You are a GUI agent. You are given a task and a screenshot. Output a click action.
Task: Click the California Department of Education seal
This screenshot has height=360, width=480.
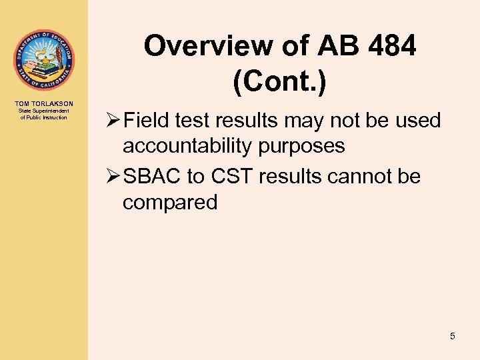pyautogui.click(x=43, y=61)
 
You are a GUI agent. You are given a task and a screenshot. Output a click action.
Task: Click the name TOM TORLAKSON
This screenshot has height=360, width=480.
pyautogui.click(x=43, y=103)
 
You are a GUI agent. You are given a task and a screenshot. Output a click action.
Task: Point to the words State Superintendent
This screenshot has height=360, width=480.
pyautogui.click(x=43, y=111)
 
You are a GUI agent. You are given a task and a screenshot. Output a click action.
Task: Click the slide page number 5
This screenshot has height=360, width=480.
pyautogui.click(x=453, y=336)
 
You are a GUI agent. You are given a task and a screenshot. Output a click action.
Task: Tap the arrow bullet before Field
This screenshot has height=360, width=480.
pyautogui.click(x=111, y=121)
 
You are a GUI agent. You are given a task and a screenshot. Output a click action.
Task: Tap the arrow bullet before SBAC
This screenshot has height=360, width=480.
pyautogui.click(x=111, y=177)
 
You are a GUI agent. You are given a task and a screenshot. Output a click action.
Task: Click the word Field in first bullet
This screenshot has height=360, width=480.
pyautogui.click(x=145, y=121)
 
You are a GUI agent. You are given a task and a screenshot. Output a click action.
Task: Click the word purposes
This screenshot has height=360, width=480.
pyautogui.click(x=305, y=146)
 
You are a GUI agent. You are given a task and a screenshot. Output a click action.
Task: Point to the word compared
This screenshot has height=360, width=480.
pyautogui.click(x=170, y=202)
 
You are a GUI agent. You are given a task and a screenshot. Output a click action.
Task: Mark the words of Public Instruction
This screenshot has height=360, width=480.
pyautogui.click(x=43, y=117)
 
